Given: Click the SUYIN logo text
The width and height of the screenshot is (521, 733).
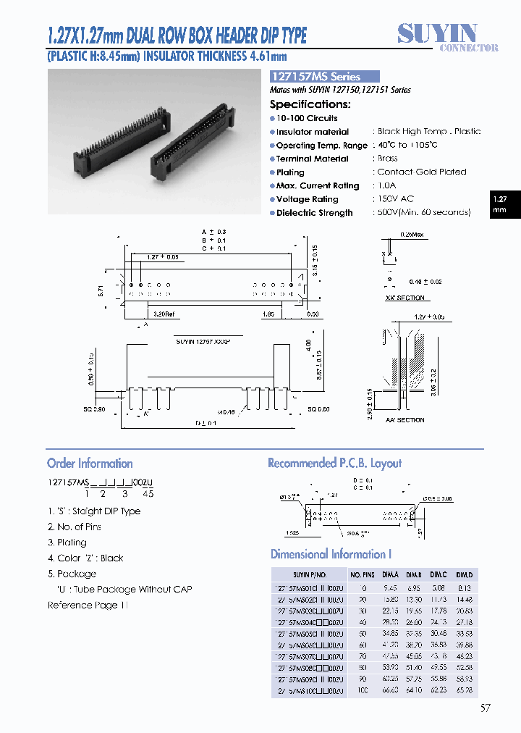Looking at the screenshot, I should [437, 33].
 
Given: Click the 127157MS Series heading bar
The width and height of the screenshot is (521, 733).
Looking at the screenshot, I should [324, 76].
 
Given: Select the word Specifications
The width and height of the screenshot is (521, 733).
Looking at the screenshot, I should [310, 104].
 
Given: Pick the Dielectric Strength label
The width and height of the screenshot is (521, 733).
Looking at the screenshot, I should [314, 213].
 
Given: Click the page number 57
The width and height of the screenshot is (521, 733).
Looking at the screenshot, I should [485, 708].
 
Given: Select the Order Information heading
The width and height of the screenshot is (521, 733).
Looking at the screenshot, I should [90, 464].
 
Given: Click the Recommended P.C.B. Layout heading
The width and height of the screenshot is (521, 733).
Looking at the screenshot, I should [334, 464].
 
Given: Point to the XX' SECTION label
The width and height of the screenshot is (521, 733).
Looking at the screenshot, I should [405, 298].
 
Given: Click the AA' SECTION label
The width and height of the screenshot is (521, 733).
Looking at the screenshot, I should [405, 420].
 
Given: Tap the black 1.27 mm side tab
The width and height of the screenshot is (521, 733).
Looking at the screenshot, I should [500, 204].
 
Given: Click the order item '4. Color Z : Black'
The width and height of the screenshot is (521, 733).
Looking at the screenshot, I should [85, 558].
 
